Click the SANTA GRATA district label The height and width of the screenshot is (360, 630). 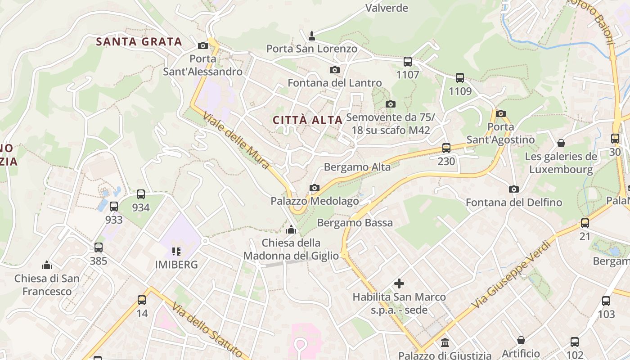coord(139,42)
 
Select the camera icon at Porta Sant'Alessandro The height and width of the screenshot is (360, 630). coord(203,45)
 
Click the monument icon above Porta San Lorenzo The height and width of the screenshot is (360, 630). coord(311,36)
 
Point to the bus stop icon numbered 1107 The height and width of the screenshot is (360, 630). coord(408,62)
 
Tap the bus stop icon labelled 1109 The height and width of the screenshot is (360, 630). coord(460,78)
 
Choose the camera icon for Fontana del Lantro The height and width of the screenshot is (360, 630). coord(334,70)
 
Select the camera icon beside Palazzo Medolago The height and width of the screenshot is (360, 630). coord(315,188)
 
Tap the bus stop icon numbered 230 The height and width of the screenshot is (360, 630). coord(446,148)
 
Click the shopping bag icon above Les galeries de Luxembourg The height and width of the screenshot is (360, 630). coord(561,143)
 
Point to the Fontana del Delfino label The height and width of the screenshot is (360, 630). coord(514,202)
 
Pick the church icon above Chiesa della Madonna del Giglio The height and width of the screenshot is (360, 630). coord(291,229)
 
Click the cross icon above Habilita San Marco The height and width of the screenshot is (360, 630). coord(399,283)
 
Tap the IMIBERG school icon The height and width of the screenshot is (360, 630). coord(176,251)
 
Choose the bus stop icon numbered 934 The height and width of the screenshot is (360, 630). coord(141,194)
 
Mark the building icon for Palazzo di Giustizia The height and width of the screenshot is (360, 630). coord(445,343)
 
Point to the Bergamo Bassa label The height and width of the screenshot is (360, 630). coord(355,223)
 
